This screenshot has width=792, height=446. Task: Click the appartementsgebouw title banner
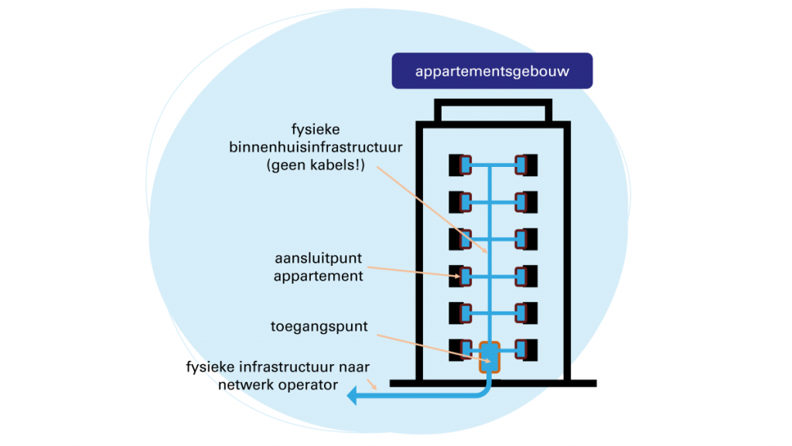[x=492, y=71]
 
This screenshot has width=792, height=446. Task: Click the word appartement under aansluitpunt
[x=318, y=276]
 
